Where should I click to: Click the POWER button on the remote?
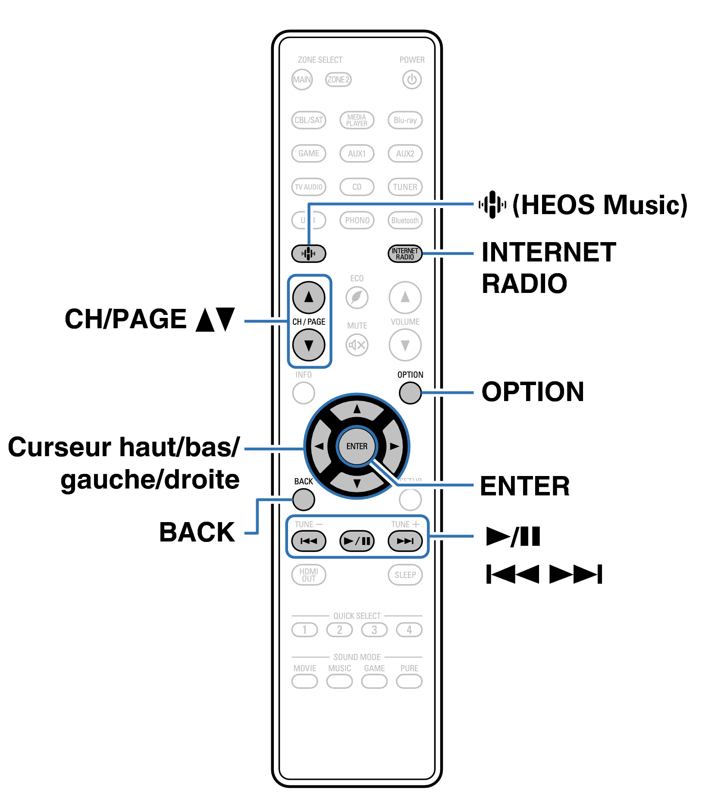point(411,80)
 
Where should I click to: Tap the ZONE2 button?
point(338,80)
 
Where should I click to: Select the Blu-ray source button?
point(405,120)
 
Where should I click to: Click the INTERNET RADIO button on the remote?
point(405,254)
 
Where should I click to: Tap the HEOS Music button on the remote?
point(309,254)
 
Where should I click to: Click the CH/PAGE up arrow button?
point(309,297)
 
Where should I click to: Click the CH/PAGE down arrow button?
point(309,345)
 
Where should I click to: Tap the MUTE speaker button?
point(357,345)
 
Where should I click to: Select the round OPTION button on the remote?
point(410,393)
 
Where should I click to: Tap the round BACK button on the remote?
point(304,500)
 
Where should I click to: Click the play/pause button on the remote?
point(357,541)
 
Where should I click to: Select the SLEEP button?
point(405,575)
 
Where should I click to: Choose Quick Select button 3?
point(374,630)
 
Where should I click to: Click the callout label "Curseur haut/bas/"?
point(124,447)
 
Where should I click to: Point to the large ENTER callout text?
point(525,486)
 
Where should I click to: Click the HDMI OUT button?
point(309,575)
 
